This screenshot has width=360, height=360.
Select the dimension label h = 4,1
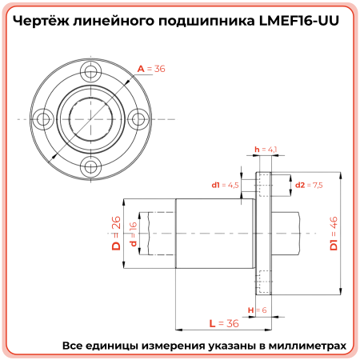point(265,150)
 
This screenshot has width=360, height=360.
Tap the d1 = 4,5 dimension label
point(226,185)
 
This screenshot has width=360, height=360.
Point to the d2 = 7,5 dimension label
point(309,185)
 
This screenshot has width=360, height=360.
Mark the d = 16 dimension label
point(134,234)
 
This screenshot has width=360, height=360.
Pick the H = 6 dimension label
point(256,310)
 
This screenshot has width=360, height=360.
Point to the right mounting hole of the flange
point(138,120)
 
